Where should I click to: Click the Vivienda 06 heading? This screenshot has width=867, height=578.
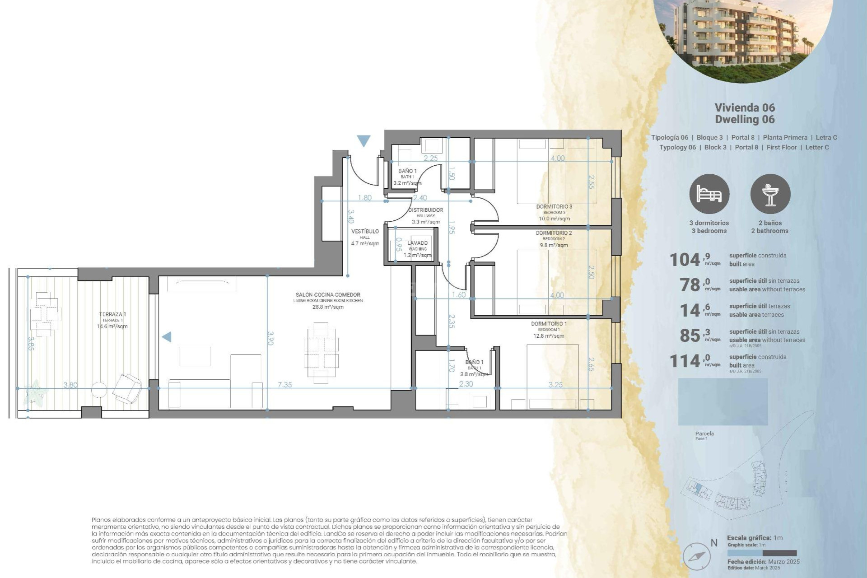(745, 107)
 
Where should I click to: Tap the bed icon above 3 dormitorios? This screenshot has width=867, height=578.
(709, 194)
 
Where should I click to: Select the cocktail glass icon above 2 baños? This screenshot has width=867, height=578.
(770, 194)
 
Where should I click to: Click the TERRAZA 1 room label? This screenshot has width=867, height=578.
(112, 314)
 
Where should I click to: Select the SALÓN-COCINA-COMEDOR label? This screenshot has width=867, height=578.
(328, 295)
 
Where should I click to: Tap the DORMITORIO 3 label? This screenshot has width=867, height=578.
(554, 207)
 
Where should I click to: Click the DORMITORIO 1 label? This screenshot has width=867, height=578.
(549, 324)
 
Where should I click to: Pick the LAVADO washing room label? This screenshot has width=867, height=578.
(417, 243)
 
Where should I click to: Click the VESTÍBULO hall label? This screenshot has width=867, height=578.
(365, 231)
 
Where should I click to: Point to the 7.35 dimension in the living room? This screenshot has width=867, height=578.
(284, 385)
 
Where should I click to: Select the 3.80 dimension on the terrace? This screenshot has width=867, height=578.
(70, 385)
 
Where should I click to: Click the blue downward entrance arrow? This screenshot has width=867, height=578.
(364, 141)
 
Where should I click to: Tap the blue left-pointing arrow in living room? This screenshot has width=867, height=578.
(167, 337)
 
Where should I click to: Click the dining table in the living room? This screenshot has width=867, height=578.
(321, 352)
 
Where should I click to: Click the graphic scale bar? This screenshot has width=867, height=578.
(762, 553)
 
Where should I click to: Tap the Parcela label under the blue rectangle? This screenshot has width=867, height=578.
(704, 433)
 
